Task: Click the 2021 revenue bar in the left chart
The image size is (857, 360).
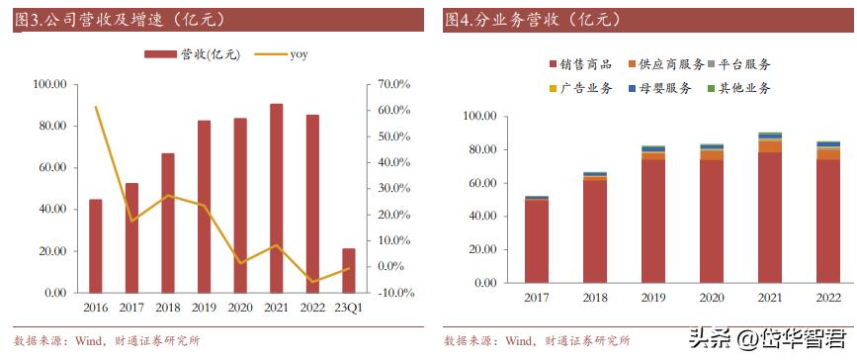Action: pos(276,198)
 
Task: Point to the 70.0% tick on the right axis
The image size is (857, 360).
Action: pos(393,85)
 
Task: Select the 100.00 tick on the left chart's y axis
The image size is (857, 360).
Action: pos(48,85)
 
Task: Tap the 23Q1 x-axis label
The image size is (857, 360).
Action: pos(349,308)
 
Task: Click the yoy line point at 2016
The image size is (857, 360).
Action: pos(95,107)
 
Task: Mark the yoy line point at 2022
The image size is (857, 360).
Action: pos(312,282)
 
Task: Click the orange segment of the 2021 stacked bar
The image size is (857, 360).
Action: pos(770,146)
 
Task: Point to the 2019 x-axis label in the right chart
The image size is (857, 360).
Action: pos(653,298)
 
